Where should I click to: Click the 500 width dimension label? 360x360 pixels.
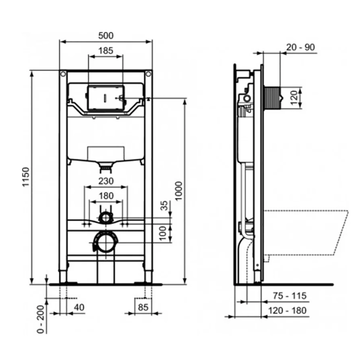pyautogui.click(x=106, y=36)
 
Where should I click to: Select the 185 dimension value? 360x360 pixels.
pyautogui.click(x=106, y=50)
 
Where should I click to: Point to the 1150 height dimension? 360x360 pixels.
pyautogui.click(x=26, y=177)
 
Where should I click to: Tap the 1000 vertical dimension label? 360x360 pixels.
pyautogui.click(x=179, y=191)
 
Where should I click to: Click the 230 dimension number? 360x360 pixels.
pyautogui.click(x=106, y=181)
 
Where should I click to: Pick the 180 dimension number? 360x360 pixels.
pyautogui.click(x=106, y=196)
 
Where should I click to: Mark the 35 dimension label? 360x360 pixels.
pyautogui.click(x=164, y=206)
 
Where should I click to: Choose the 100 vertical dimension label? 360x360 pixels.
pyautogui.click(x=163, y=233)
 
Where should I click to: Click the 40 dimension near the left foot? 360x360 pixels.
pyautogui.click(x=79, y=307)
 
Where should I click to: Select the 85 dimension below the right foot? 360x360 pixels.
pyautogui.click(x=143, y=307)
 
